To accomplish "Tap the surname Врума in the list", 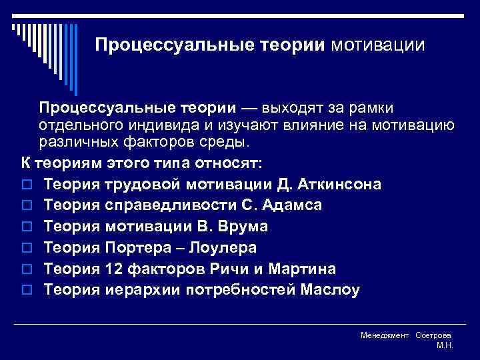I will [x=246, y=226].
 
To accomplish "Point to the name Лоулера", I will [x=225, y=247].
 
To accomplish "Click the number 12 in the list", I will [x=114, y=269].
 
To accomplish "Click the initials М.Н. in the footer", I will [x=445, y=345].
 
